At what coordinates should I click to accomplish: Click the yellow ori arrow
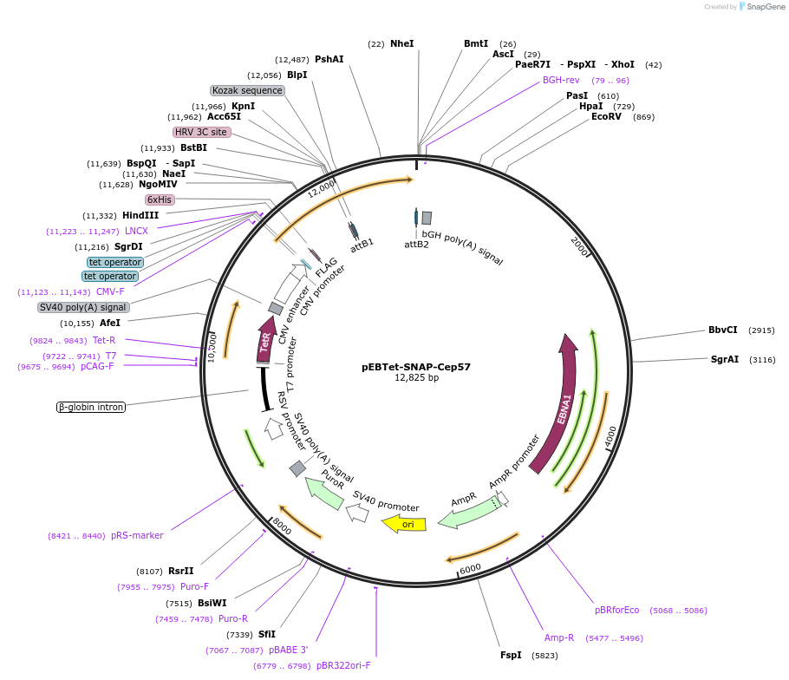[x=404, y=523]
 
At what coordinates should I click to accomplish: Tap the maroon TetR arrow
[x=265, y=339]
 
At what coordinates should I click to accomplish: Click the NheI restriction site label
[x=402, y=43]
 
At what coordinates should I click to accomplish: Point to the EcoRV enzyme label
[x=606, y=116]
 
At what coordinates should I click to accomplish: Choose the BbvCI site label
[x=722, y=330]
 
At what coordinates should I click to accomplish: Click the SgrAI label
[x=725, y=359]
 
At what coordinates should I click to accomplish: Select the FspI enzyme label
[x=511, y=655]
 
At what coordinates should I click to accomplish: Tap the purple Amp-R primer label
[x=559, y=637]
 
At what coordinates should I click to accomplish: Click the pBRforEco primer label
[x=616, y=610]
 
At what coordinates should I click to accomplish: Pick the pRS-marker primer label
[x=137, y=535]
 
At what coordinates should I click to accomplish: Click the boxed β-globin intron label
[x=91, y=407]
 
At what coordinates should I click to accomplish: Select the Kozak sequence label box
[x=247, y=90]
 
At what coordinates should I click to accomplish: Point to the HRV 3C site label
[x=201, y=132]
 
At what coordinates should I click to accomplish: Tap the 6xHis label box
[x=160, y=199]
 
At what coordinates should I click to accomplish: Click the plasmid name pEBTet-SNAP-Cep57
[x=416, y=366]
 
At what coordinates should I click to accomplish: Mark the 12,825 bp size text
[x=416, y=378]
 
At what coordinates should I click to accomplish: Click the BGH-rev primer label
[x=561, y=80]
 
